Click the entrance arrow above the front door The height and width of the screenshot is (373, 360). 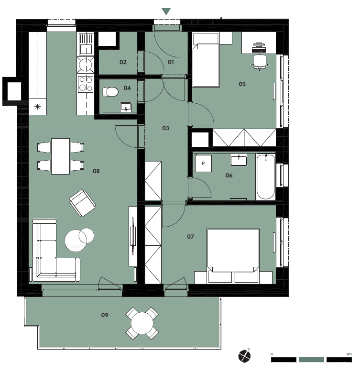click(166, 11)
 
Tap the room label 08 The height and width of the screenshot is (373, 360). click(96, 171)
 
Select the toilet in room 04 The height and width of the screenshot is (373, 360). click(110, 92)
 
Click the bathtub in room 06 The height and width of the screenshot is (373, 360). click(265, 176)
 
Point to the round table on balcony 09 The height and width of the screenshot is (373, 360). click(142, 323)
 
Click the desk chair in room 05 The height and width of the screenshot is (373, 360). click(260, 63)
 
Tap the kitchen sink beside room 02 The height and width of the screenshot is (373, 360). click(86, 44)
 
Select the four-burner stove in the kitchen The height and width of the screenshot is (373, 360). click(86, 84)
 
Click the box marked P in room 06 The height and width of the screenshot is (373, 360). click(203, 164)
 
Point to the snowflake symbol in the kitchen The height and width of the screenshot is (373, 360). click(37, 107)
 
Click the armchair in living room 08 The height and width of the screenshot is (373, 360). click(82, 203)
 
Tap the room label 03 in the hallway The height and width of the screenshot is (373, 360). click(165, 128)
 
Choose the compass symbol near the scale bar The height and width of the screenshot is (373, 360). click(244, 356)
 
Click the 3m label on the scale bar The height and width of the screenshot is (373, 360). click(349, 354)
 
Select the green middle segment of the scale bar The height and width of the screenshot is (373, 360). click(311, 360)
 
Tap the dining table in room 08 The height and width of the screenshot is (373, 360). click(60, 156)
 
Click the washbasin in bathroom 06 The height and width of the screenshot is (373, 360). click(239, 160)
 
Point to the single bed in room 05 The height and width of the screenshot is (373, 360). click(206, 60)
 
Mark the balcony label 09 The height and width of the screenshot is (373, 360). click(105, 315)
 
